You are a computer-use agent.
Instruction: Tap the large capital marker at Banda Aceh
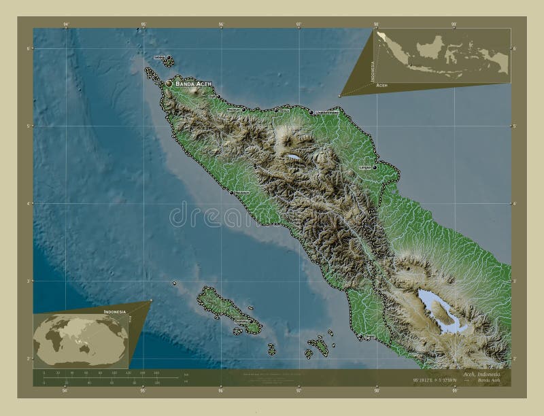169,83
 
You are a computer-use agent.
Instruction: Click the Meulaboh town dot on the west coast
231,192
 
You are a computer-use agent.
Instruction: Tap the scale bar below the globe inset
109,377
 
